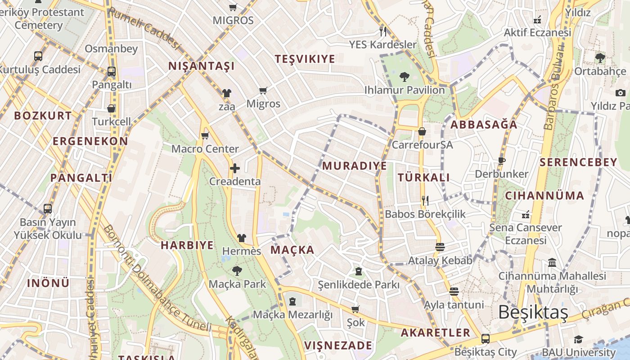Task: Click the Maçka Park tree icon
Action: pyautogui.click(x=237, y=271)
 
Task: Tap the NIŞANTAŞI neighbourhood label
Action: pyautogui.click(x=201, y=66)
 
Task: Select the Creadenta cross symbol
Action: pyautogui.click(x=234, y=169)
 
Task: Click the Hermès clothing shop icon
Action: pyautogui.click(x=242, y=238)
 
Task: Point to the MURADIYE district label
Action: pyautogui.click(x=354, y=166)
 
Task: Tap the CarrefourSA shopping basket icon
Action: pyautogui.click(x=422, y=131)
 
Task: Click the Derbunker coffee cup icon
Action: pyautogui.click(x=502, y=161)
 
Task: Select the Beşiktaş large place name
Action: pyautogui.click(x=533, y=312)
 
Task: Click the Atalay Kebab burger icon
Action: pyautogui.click(x=440, y=247)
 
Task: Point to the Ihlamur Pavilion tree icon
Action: pyautogui.click(x=404, y=77)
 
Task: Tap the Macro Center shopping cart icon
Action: pyautogui.click(x=205, y=135)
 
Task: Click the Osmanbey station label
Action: pyautogui.click(x=111, y=49)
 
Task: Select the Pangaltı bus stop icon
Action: pyautogui.click(x=111, y=71)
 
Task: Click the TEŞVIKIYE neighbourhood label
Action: pyautogui.click(x=305, y=59)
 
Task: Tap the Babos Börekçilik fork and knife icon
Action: pyautogui.click(x=424, y=200)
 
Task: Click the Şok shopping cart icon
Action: pyautogui.click(x=355, y=309)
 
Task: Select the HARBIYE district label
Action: pyautogui.click(x=187, y=245)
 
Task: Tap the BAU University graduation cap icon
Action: pyautogui.click(x=578, y=339)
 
